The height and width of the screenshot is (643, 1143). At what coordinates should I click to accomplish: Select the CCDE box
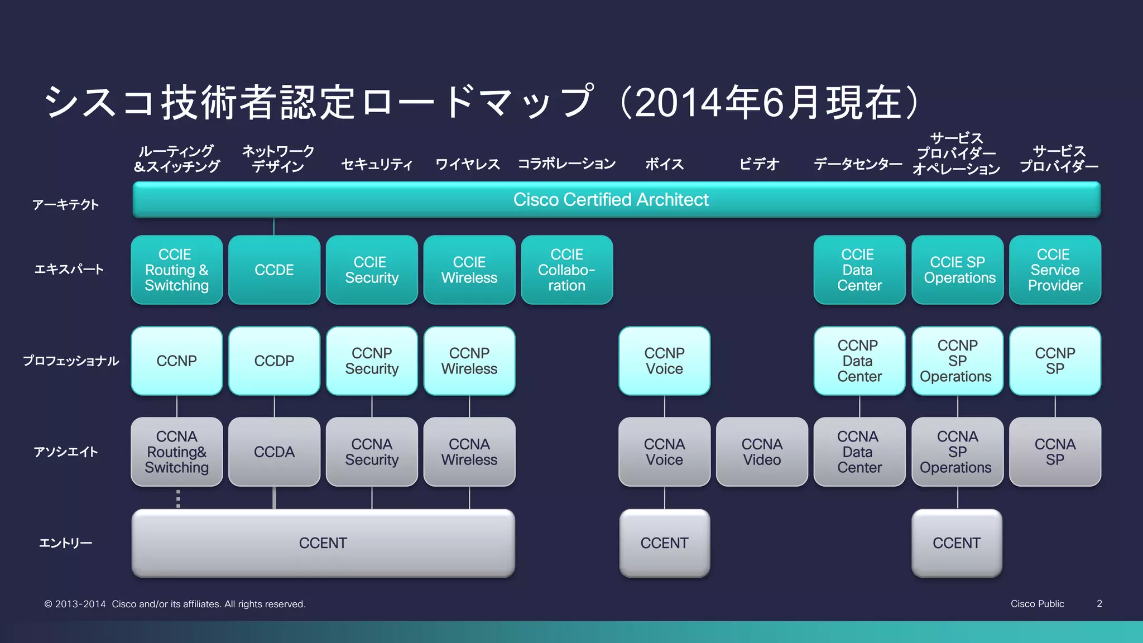point(274,270)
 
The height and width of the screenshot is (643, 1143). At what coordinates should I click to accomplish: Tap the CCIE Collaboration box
point(566,270)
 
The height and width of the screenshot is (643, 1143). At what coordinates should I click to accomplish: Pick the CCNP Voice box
point(664,361)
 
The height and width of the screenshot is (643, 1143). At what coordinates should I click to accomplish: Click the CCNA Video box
point(762,452)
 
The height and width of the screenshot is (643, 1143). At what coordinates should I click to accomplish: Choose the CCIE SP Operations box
point(958,270)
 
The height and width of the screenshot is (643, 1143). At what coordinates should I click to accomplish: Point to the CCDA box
point(274,452)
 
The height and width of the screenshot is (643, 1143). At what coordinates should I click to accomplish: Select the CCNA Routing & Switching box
point(176,452)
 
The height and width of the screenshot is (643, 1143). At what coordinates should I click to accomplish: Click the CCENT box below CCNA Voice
point(664,543)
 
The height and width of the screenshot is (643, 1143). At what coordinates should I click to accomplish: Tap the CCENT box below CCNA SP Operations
point(957,543)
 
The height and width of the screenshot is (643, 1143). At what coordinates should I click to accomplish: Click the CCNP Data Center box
point(859,361)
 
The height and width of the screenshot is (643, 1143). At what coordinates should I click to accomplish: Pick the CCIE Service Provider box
point(1055,270)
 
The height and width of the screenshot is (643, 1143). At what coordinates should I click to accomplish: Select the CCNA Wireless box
point(469,452)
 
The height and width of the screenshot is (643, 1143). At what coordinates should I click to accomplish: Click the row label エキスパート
point(69,270)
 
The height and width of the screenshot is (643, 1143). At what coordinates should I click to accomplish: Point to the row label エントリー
point(66,543)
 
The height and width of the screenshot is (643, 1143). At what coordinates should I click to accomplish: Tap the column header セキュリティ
point(377,164)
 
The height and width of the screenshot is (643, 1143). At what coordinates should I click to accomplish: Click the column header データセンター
point(858,164)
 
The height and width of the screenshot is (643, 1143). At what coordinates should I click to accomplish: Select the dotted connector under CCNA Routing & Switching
point(178,498)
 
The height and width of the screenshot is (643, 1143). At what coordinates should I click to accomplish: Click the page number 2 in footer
point(1099,603)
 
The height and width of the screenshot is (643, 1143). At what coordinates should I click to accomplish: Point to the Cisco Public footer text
point(1037,604)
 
